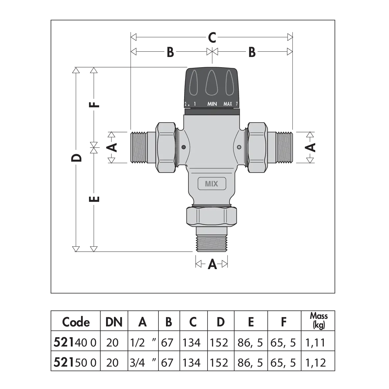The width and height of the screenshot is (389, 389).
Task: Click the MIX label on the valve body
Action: click(211, 184)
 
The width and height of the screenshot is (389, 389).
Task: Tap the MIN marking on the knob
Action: click(212, 104)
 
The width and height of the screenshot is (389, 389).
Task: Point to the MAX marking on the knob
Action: click(228, 104)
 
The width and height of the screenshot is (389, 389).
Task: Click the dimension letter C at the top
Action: click(212, 38)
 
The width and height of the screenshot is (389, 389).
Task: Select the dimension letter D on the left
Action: click(76, 158)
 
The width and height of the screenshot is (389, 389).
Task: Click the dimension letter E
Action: click(94, 199)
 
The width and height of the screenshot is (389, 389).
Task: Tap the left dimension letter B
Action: click(170, 52)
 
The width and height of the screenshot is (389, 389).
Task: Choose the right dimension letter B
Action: click(252, 52)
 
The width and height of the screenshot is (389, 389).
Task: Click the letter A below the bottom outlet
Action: click(212, 264)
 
